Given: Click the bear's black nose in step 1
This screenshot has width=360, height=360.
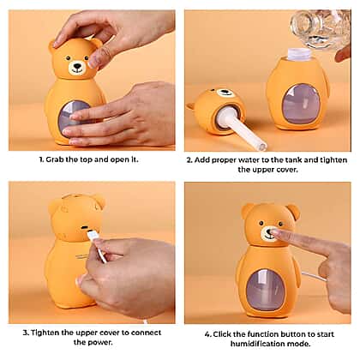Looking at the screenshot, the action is pos(77,65).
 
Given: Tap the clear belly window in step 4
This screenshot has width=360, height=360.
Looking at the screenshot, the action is pos(266,290).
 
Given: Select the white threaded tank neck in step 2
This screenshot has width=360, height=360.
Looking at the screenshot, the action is pos(299,53).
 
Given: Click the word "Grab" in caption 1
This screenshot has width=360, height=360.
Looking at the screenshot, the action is pos(55,159).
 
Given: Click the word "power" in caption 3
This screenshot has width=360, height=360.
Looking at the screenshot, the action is pos(100,342).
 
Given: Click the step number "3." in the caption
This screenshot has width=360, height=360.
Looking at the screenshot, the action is pos(26,333).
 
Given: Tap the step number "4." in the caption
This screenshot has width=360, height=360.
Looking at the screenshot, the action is pos(208,334).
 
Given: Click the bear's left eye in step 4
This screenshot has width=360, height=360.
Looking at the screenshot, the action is pos(261,223).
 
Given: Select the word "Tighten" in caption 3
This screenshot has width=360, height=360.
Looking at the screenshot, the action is pos(45,333).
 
